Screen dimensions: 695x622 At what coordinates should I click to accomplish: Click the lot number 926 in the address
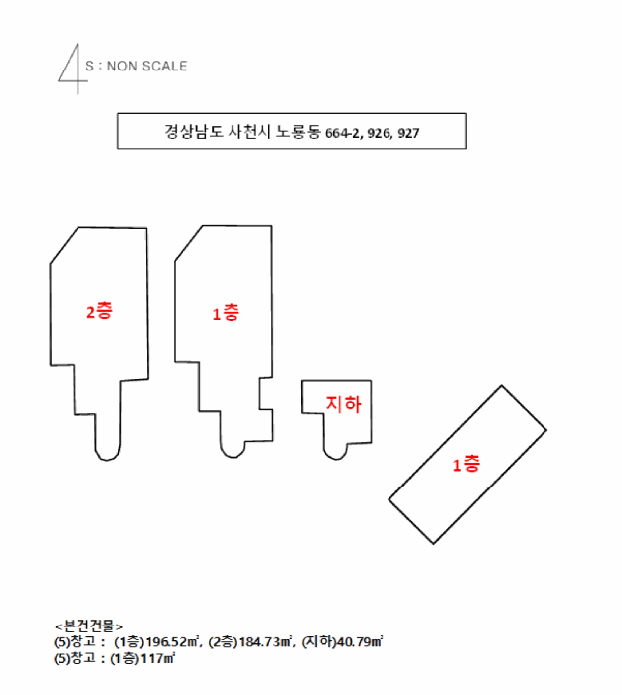click(x=379, y=132)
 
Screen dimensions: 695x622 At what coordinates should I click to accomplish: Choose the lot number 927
click(x=407, y=132)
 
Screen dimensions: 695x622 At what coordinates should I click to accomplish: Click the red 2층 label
click(x=99, y=311)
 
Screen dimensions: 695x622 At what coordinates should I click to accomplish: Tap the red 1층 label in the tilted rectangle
click(x=466, y=464)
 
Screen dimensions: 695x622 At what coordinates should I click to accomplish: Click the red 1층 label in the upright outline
click(x=226, y=314)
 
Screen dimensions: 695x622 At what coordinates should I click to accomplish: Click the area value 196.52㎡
click(x=171, y=642)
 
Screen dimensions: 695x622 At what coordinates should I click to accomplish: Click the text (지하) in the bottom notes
click(x=320, y=642)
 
